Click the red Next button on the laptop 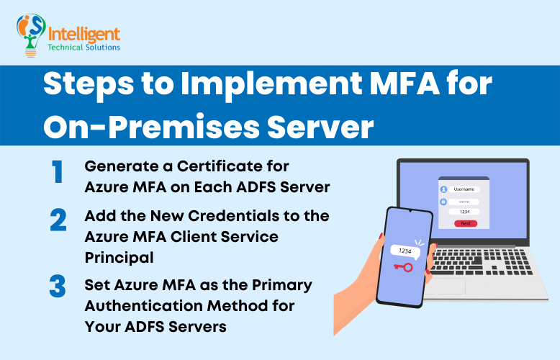(x=465, y=223)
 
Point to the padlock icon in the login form (x=443, y=202)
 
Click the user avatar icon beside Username (x=443, y=190)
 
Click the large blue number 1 (x=57, y=173)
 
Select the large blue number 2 (x=58, y=220)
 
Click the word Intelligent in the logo (x=83, y=33)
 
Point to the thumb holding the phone (x=432, y=252)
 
